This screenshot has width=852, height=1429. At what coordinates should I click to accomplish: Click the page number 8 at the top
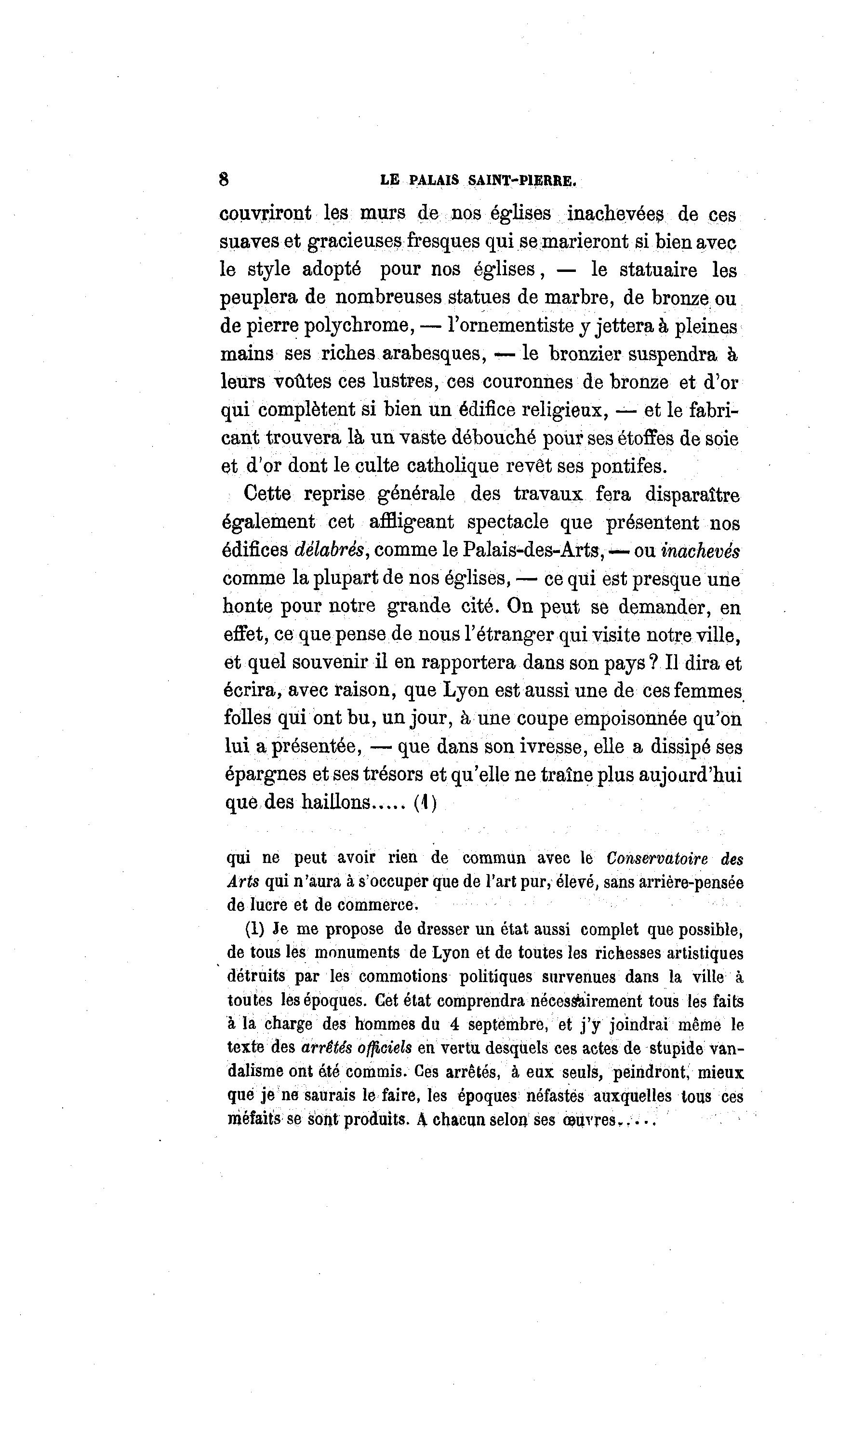point(224,179)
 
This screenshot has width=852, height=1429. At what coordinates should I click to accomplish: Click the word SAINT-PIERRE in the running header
point(521,180)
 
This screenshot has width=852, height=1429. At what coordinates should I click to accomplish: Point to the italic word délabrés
point(329,550)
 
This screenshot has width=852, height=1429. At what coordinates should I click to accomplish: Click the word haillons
point(341,802)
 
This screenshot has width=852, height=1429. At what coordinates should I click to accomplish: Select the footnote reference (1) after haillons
point(426,802)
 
